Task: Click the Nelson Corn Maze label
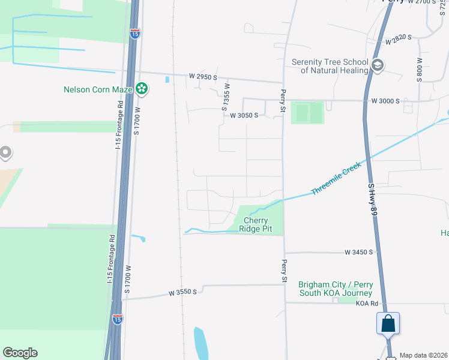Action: (97, 90)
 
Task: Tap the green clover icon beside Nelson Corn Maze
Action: (142, 89)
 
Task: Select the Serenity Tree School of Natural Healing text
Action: (329, 66)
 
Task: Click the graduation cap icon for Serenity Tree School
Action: (378, 65)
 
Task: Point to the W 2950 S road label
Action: (202, 77)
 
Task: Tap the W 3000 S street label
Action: (385, 101)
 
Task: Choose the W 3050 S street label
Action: (244, 115)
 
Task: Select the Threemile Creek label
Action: (336, 178)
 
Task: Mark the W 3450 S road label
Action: (359, 253)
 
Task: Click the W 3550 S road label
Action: (183, 293)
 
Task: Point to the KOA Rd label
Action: (366, 304)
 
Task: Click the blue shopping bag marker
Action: (388, 323)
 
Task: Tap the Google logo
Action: (20, 353)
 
